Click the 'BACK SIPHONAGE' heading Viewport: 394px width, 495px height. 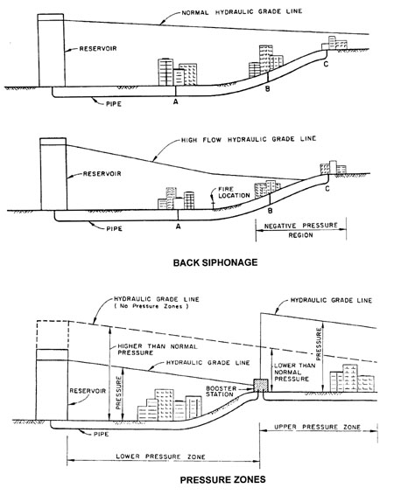(215, 262)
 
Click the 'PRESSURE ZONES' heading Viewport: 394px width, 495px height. (222, 480)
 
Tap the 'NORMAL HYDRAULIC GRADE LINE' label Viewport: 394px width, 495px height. (242, 11)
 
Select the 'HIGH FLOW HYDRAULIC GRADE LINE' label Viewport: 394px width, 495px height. (249, 139)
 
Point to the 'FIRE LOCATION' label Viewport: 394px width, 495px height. (234, 192)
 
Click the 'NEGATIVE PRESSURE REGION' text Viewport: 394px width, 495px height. (301, 230)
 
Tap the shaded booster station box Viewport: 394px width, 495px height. (261, 386)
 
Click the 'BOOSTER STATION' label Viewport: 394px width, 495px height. (222, 391)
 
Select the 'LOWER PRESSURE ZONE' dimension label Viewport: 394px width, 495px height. (160, 457)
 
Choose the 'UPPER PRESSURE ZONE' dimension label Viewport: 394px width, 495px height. (317, 427)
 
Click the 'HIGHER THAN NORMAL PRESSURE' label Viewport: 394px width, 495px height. (158, 350)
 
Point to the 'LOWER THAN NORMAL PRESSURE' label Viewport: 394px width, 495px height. (294, 373)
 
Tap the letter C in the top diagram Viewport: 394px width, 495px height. (326, 64)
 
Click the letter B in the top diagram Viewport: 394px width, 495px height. (267, 88)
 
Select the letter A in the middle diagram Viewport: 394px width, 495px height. (179, 227)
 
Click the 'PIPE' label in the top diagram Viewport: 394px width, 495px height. (114, 104)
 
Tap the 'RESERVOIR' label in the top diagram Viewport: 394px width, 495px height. (98, 49)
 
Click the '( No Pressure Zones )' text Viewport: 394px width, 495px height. (151, 306)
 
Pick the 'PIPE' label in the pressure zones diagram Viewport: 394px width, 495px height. (101, 434)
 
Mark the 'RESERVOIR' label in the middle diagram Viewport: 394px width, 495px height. (102, 174)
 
